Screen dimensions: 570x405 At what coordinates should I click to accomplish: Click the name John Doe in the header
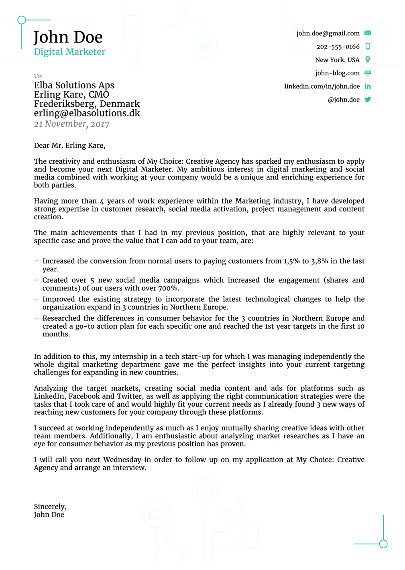pyautogui.click(x=68, y=37)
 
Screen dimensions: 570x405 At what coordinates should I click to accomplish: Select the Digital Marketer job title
pyautogui.click(x=69, y=52)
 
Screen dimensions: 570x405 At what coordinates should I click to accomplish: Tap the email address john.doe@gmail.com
pyautogui.click(x=328, y=33)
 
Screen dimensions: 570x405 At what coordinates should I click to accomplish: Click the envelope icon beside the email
pyautogui.click(x=367, y=33)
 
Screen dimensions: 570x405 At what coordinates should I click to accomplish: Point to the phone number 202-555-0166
pyautogui.click(x=338, y=47)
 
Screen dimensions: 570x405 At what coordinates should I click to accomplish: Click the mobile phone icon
pyautogui.click(x=367, y=47)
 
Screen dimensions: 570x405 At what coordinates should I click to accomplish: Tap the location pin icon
pyautogui.click(x=367, y=60)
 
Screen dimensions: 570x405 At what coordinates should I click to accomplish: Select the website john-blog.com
pyautogui.click(x=337, y=73)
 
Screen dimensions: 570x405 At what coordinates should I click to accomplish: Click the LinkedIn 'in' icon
pyautogui.click(x=367, y=86)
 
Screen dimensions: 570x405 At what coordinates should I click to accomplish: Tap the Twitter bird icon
pyautogui.click(x=367, y=99)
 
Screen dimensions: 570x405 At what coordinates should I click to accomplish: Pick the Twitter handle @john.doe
pyautogui.click(x=343, y=100)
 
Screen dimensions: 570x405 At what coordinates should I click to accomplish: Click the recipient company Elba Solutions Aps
pyautogui.click(x=74, y=85)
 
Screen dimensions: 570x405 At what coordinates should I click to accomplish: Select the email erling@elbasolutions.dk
pyautogui.click(x=87, y=113)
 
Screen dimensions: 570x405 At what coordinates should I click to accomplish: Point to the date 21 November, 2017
pyautogui.click(x=71, y=124)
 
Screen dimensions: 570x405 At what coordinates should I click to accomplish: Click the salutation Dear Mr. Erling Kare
pyautogui.click(x=69, y=145)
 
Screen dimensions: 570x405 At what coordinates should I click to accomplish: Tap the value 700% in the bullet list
pyautogui.click(x=168, y=288)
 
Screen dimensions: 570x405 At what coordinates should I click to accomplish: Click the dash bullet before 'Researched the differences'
pyautogui.click(x=37, y=318)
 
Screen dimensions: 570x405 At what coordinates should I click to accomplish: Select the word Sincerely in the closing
pyautogui.click(x=50, y=507)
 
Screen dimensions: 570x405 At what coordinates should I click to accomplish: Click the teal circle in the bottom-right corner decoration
pyautogui.click(x=383, y=544)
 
